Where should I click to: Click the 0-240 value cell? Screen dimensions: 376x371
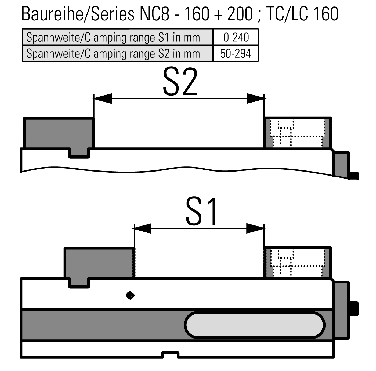point(236,37)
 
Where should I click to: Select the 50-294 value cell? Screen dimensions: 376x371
point(236,53)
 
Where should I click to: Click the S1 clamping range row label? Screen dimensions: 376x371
point(113,37)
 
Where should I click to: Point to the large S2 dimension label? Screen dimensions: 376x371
point(180,82)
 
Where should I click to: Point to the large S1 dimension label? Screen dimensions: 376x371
point(201,211)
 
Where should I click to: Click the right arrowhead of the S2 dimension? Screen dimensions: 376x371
point(255,99)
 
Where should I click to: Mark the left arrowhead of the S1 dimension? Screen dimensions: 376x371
point(143,228)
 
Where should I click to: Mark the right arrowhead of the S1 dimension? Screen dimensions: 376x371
point(255,228)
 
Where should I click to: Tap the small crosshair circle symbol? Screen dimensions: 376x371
point(130,295)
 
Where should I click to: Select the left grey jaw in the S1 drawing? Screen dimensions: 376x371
point(99,264)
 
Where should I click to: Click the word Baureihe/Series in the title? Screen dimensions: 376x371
point(78,14)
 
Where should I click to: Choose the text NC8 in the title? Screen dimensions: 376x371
point(154,14)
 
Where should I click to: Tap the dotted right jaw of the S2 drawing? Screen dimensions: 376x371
point(298,133)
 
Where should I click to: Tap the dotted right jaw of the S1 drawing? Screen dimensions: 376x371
point(298,263)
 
